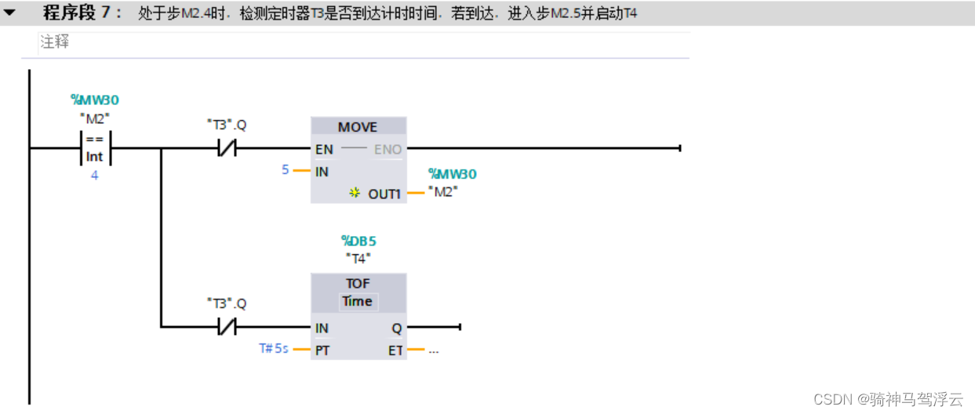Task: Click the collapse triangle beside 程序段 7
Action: click(x=9, y=13)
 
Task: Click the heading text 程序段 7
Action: click(x=82, y=13)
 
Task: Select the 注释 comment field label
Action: click(x=55, y=42)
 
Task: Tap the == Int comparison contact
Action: click(x=95, y=148)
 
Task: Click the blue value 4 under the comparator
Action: click(x=95, y=176)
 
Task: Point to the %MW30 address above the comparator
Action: click(x=95, y=100)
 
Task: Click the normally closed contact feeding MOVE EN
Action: click(x=227, y=148)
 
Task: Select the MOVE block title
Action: click(x=358, y=127)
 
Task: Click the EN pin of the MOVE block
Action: click(x=323, y=149)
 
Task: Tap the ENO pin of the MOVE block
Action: click(x=387, y=149)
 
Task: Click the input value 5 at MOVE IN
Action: click(x=286, y=169)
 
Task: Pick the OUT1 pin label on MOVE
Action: click(x=384, y=194)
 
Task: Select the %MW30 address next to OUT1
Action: click(x=452, y=173)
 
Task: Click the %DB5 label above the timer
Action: click(x=358, y=241)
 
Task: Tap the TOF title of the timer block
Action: click(x=358, y=283)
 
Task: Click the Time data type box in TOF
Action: click(x=358, y=301)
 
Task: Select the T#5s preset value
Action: click(x=275, y=348)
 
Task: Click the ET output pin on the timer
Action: click(x=395, y=350)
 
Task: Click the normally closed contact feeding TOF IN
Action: click(x=227, y=326)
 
